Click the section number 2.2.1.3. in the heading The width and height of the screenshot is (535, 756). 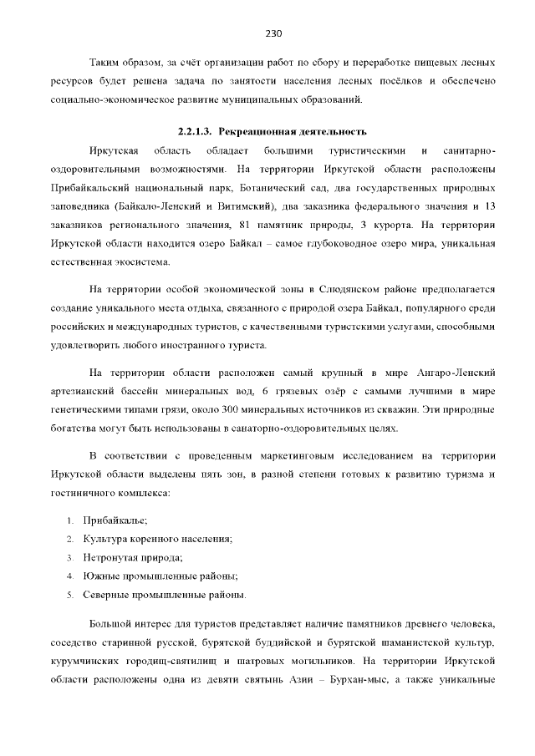(196, 132)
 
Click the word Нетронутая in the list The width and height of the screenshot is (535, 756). (112, 557)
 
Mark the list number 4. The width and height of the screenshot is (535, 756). (70, 576)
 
